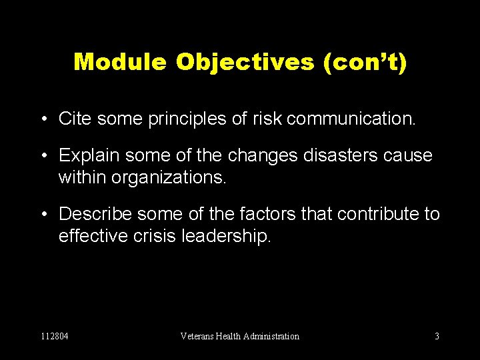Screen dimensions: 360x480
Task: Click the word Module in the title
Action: click(121, 62)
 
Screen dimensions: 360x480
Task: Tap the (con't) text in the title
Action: click(365, 62)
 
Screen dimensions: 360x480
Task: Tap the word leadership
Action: click(226, 236)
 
